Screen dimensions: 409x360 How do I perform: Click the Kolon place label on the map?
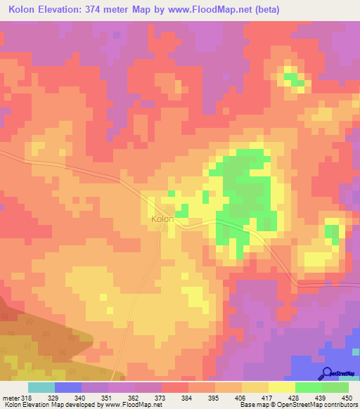click(162, 219)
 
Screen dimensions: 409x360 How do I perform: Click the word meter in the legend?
click(11, 397)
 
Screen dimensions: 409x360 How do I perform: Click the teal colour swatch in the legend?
click(41, 387)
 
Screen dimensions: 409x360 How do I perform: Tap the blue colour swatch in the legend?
click(68, 387)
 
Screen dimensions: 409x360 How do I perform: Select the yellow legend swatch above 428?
click(282, 387)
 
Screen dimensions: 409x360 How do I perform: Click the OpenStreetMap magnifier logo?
click(328, 374)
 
